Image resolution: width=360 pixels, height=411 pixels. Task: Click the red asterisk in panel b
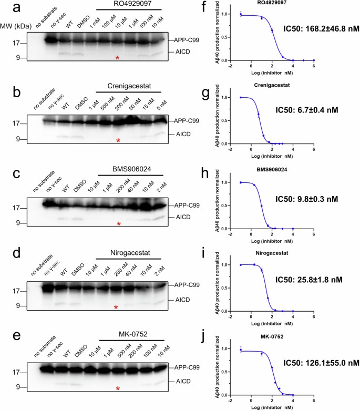click(118, 140)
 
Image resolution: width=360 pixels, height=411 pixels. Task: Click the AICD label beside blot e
click(182, 383)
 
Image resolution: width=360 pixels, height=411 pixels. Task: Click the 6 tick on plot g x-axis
click(314, 150)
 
